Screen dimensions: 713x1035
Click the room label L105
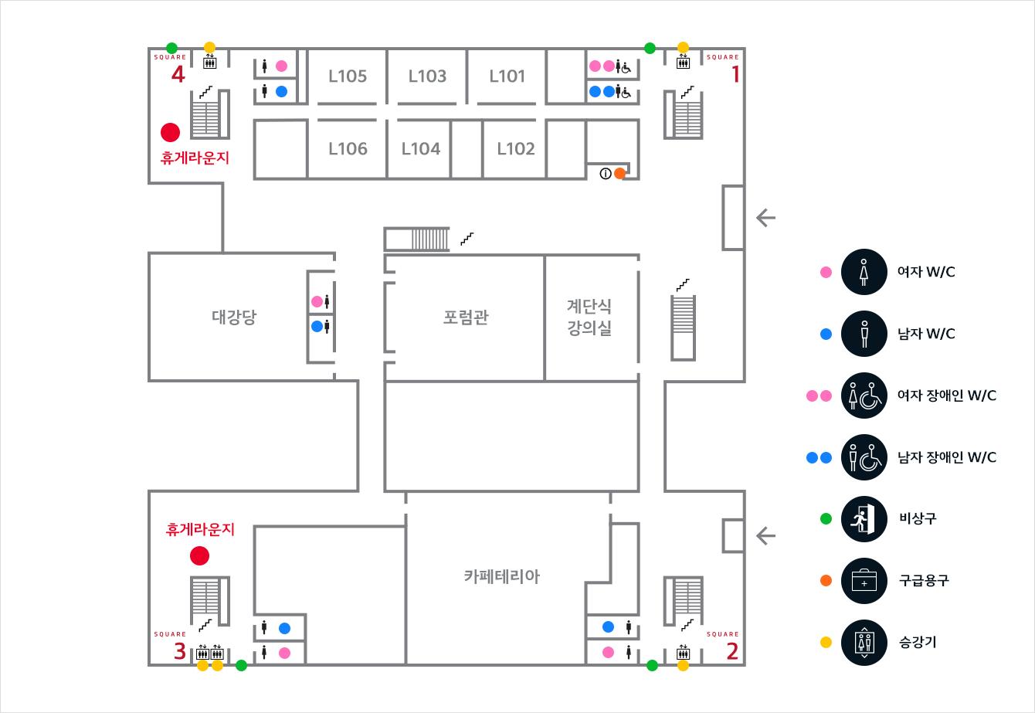tap(348, 76)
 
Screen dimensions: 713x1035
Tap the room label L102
tap(516, 148)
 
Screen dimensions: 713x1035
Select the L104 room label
tap(421, 148)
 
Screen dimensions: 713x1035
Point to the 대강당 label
tap(234, 317)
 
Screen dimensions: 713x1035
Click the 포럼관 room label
tap(466, 317)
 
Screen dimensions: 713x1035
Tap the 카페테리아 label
tap(502, 576)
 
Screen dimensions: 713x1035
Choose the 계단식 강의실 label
tap(589, 317)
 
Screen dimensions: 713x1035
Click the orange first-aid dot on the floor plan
tap(619, 174)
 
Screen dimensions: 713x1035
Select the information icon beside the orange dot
tap(606, 174)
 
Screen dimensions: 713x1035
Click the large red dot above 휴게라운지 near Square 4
tap(170, 132)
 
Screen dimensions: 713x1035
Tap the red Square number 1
tap(735, 74)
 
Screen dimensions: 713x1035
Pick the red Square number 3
tap(179, 651)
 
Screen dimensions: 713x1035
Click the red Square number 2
tap(732, 651)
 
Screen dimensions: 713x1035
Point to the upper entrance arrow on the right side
tap(765, 218)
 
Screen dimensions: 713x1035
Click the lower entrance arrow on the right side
tap(765, 535)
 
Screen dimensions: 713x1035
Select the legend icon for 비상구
tap(864, 518)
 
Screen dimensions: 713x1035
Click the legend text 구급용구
tap(924, 580)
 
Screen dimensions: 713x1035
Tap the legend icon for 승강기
tap(864, 642)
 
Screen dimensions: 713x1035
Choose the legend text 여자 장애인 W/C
tap(947, 396)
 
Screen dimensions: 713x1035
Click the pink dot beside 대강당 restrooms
tap(317, 301)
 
